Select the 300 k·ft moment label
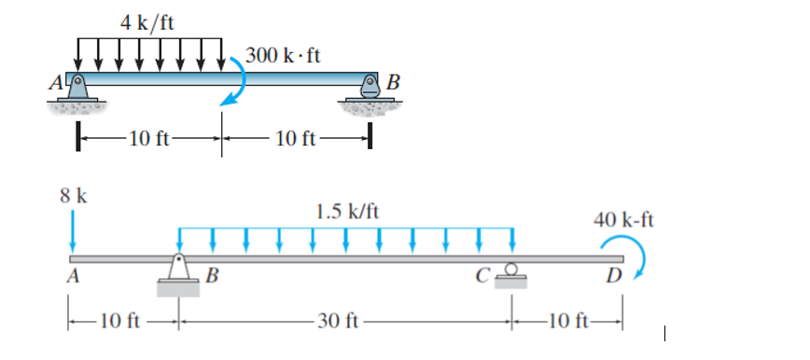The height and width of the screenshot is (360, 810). tap(285, 55)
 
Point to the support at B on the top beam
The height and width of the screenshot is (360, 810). tap(370, 90)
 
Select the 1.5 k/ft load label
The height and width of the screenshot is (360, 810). tap(347, 211)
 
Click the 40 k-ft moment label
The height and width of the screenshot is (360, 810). tap(623, 220)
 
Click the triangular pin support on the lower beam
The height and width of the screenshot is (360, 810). tap(179, 269)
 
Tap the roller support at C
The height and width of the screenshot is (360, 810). tap(511, 271)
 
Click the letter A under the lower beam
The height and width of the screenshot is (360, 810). tap(72, 276)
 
